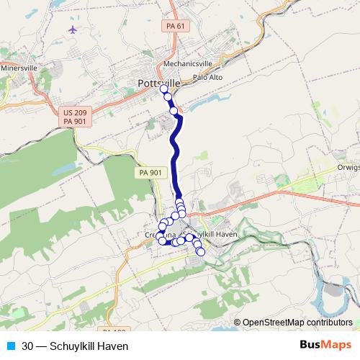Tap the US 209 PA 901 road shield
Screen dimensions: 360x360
click(x=73, y=117)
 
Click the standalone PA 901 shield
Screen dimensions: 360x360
click(x=150, y=173)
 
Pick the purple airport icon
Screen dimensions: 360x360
click(x=73, y=30)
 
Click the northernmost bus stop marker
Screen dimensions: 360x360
click(x=163, y=89)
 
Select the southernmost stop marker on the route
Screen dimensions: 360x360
click(x=201, y=251)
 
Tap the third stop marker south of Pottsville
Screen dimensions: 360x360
click(x=174, y=110)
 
